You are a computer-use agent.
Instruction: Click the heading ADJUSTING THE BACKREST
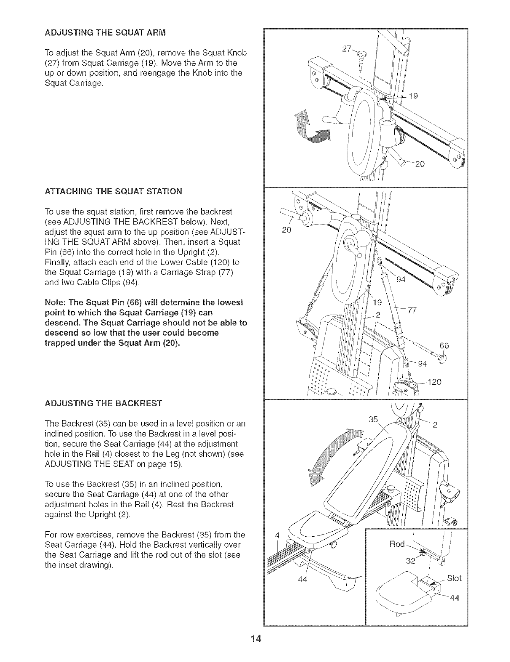click(103, 404)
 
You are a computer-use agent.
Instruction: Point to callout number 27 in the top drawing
click(347, 49)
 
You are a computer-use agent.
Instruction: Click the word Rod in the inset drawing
click(396, 544)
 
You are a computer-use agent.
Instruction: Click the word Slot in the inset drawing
click(454, 578)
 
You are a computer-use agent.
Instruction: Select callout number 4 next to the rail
click(276, 535)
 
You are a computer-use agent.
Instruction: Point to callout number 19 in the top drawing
click(413, 96)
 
